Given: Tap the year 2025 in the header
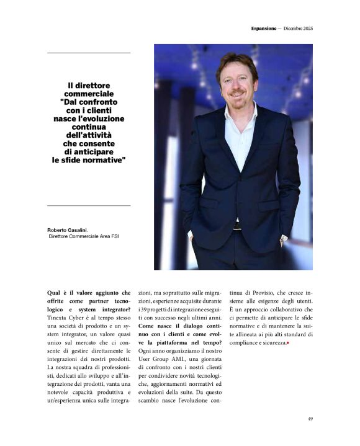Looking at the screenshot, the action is pos(307,29).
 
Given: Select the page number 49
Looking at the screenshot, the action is pos(310,418).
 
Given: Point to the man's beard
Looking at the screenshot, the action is pos(238,95).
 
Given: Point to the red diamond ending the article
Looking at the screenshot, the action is pos(288,343).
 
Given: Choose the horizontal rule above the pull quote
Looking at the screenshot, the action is pos(89,53).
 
